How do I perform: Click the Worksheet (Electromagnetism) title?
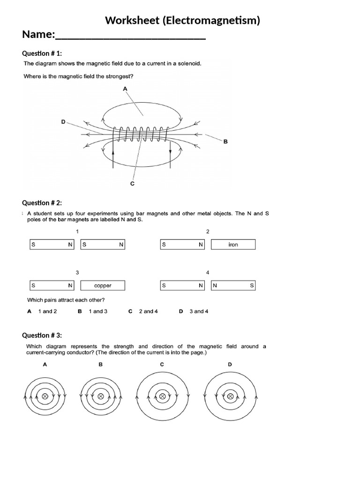point(182,20)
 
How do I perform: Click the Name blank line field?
point(130,36)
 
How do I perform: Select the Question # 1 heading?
point(42,54)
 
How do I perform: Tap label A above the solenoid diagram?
point(125,89)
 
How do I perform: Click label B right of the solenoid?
point(225,142)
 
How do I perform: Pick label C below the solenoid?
point(132,184)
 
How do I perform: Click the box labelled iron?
point(233,245)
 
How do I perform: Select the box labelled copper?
point(103,285)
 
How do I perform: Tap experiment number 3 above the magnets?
point(77,272)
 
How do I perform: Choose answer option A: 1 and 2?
point(42,311)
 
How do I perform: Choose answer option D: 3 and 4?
point(194,311)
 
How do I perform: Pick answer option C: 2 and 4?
point(143,311)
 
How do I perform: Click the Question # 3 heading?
point(42,335)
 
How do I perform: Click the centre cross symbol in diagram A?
point(45,397)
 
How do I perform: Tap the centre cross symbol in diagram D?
point(230,397)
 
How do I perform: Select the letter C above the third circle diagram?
point(162,364)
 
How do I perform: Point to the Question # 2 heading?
point(42,203)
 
